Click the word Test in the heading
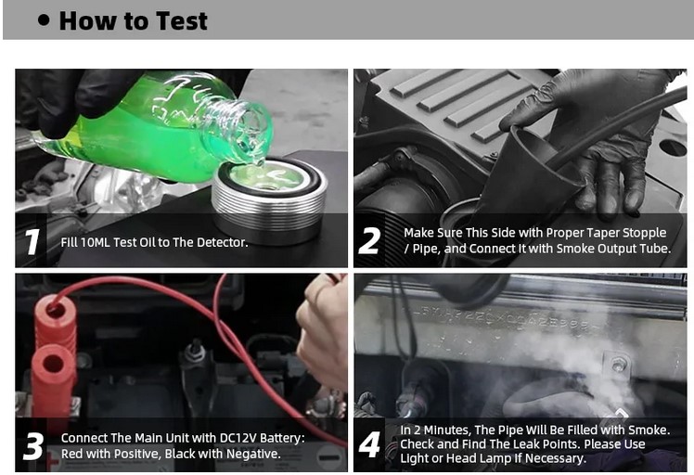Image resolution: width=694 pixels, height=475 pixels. coord(182,20)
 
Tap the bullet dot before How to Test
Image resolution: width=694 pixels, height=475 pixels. coord(44,19)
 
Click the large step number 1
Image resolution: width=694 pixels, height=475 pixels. coord(32,242)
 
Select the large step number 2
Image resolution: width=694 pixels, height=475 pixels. coord(369,241)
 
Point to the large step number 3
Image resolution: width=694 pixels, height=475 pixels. coord(33,446)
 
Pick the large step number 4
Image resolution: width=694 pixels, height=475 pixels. coord(369,444)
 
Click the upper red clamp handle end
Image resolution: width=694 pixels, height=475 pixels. coord(56,311)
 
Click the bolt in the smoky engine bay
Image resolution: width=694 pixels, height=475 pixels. coord(618,365)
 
